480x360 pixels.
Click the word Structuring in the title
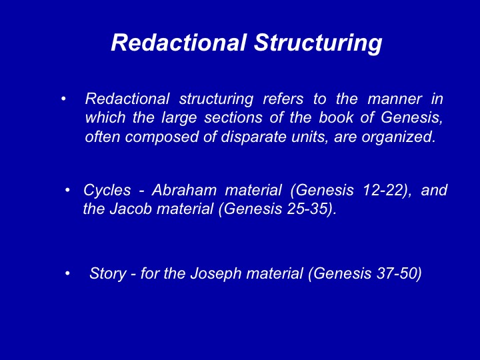[x=318, y=43]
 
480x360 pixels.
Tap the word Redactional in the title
[x=179, y=42]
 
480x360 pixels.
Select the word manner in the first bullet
[x=395, y=99]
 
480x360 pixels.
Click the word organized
[x=398, y=137]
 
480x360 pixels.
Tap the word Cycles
[x=107, y=190]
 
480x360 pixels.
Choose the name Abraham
[x=184, y=190]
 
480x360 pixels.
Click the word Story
[x=107, y=273]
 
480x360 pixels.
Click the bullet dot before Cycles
[x=67, y=191]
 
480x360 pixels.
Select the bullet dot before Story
[x=67, y=273]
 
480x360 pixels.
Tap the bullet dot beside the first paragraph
[x=64, y=99]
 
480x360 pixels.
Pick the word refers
[x=283, y=99]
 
